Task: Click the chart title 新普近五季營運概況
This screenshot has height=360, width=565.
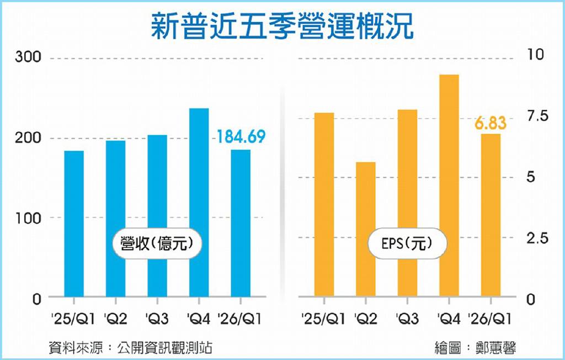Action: [x=282, y=26]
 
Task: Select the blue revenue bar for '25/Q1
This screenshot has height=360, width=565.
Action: [x=74, y=224]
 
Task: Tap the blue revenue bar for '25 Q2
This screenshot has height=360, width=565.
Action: [x=116, y=219]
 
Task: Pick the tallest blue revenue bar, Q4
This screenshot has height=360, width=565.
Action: [x=199, y=203]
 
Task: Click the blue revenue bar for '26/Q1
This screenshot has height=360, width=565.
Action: [x=241, y=223]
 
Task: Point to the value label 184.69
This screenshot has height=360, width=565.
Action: [x=241, y=137]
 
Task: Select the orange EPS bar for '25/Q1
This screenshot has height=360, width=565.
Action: [x=324, y=204]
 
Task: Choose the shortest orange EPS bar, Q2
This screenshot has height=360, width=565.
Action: [x=366, y=229]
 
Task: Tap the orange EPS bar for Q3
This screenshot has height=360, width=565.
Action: [x=408, y=203]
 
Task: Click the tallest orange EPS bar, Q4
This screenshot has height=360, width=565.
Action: [x=449, y=186]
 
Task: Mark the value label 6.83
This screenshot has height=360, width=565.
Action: [x=491, y=123]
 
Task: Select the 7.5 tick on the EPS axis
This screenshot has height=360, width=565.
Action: [x=537, y=116]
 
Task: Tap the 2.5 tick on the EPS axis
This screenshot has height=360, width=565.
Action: [x=537, y=238]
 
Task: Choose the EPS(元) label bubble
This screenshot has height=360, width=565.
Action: [x=407, y=243]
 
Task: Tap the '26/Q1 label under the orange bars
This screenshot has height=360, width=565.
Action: [x=491, y=319]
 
